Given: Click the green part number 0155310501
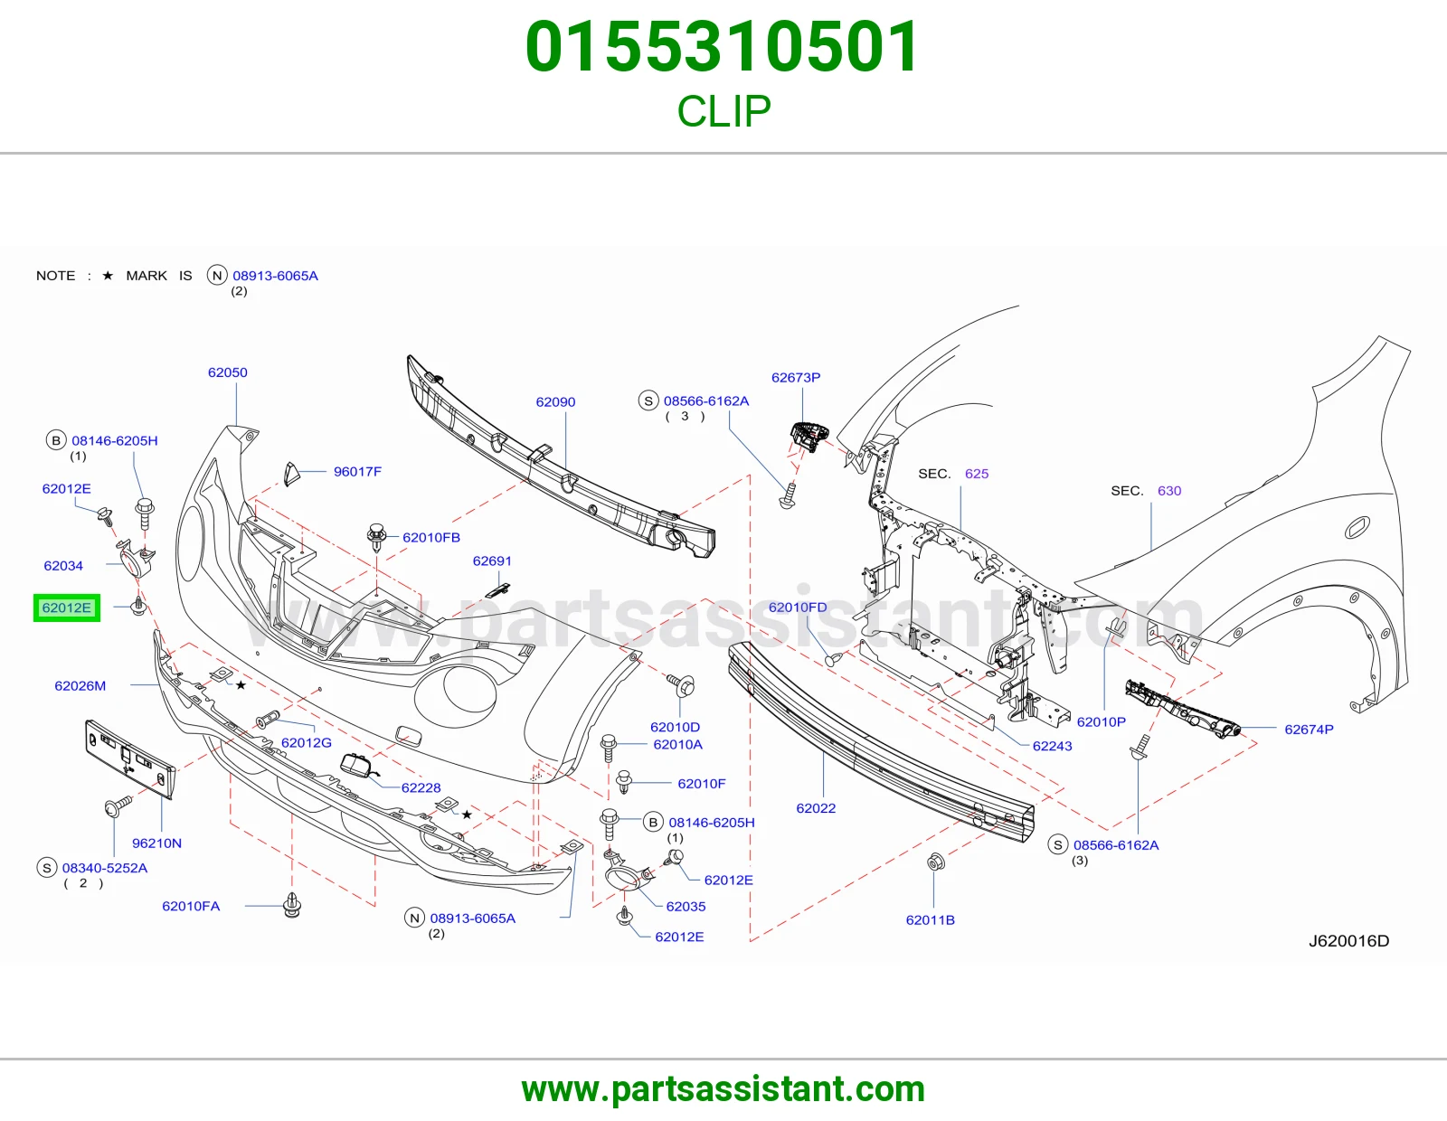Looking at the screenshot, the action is click(723, 47).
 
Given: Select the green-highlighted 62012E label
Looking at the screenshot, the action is click(67, 608).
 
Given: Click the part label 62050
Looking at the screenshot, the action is click(228, 372).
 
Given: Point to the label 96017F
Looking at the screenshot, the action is click(357, 471).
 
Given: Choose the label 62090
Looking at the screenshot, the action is click(555, 401).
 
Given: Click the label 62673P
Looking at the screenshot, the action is click(796, 378).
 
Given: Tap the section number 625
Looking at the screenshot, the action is click(977, 474).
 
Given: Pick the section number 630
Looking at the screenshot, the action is click(1169, 491).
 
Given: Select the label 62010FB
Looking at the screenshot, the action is click(431, 537).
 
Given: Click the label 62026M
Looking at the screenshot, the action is click(80, 685).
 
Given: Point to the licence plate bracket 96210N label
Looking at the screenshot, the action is click(156, 843).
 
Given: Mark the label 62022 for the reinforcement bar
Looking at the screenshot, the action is click(816, 808).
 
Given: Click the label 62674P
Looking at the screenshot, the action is click(1310, 729).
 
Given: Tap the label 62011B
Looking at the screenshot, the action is click(931, 920).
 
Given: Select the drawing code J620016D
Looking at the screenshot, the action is click(1349, 940).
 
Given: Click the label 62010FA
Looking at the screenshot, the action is click(191, 906).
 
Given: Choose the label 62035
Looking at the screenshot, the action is click(686, 906).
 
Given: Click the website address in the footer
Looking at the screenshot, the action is click(723, 1089).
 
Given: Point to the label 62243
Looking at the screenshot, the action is click(1052, 746).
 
